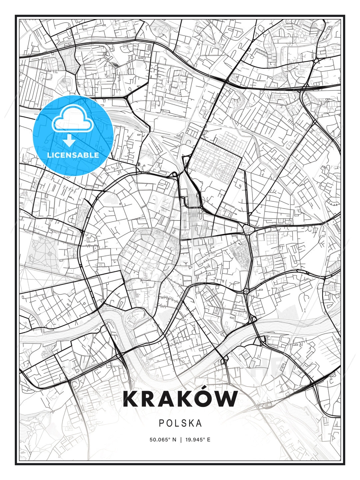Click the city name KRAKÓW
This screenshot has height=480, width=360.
[180, 399]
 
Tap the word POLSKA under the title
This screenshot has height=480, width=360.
[180, 423]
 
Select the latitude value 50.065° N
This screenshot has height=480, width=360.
[163, 440]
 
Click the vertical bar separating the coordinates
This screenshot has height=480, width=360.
[180, 440]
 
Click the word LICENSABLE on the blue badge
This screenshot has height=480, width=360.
[73, 155]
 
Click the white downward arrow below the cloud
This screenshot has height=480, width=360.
[69, 140]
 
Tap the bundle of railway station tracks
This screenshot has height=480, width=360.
[192, 203]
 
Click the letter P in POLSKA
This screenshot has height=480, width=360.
[161, 423]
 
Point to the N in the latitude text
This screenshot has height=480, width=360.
[174, 440]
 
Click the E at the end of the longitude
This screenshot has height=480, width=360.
[209, 440]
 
